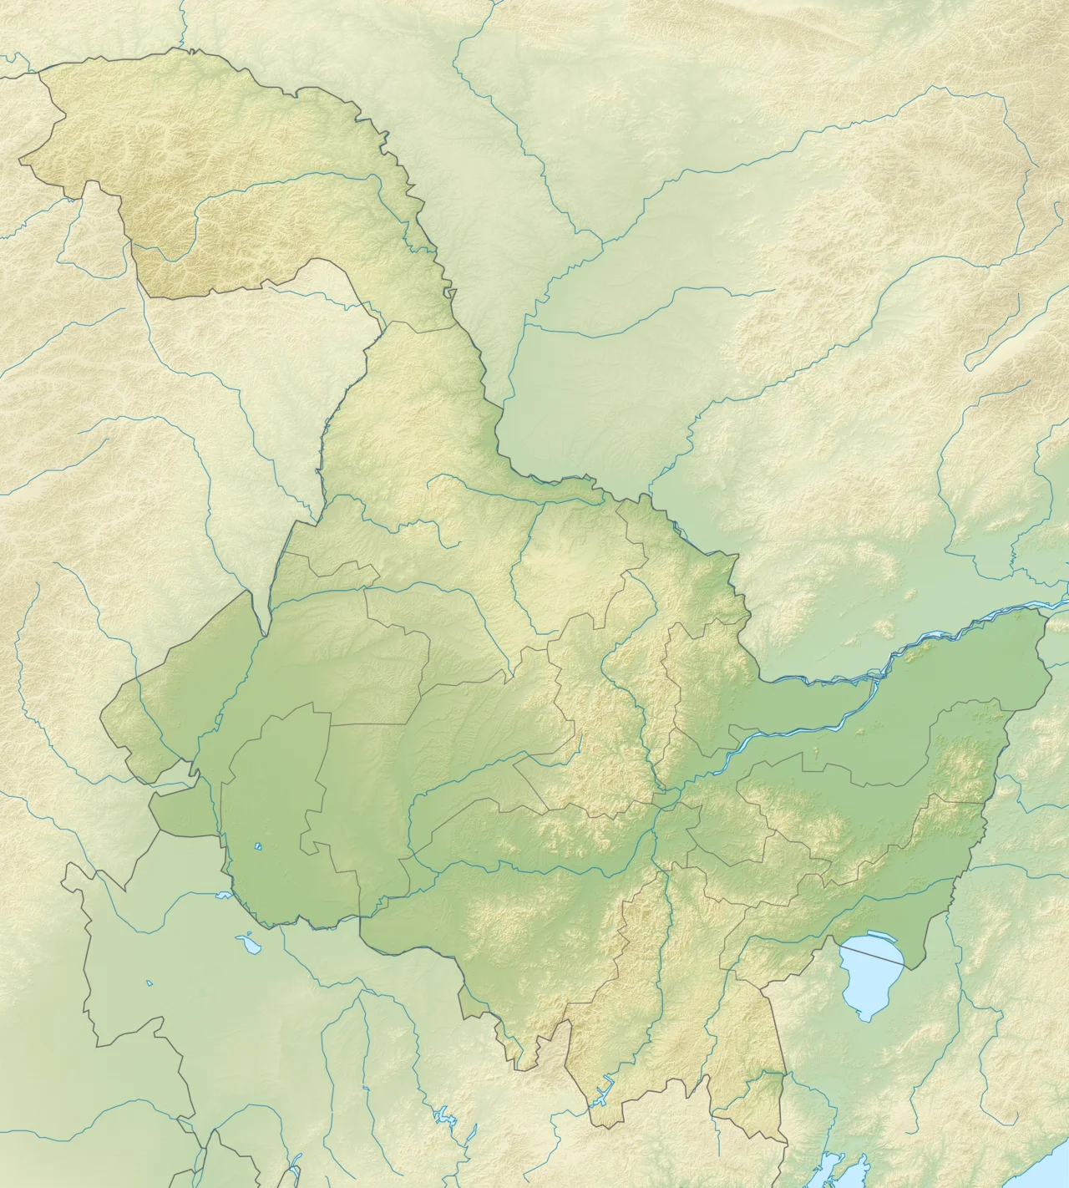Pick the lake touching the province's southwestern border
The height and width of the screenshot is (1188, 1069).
[222, 896]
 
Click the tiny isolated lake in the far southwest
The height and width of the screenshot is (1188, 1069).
[150, 982]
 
